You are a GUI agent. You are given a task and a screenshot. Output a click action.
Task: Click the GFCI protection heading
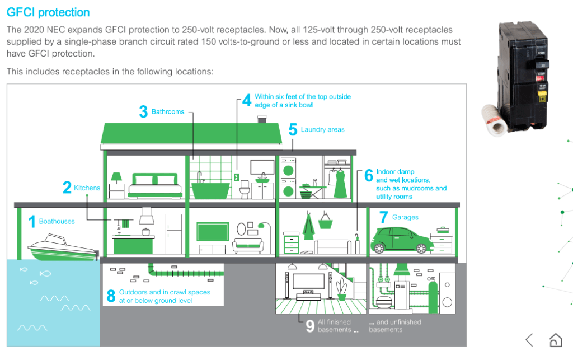click(48, 12)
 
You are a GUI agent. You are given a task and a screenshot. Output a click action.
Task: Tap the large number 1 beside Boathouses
click(31, 222)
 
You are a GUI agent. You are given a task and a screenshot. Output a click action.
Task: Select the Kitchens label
click(87, 188)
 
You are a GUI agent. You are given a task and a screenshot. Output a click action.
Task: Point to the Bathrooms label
click(168, 112)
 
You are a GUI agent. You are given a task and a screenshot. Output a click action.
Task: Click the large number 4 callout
click(247, 101)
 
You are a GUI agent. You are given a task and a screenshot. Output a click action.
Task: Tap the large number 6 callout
click(368, 175)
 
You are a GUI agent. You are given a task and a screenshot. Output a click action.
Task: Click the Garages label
click(405, 217)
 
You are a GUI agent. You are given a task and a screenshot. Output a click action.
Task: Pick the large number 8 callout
click(111, 296)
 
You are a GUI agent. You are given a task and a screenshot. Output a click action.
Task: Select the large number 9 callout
click(309, 326)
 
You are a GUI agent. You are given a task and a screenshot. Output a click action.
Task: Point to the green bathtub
click(210, 189)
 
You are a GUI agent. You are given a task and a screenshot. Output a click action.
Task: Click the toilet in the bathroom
click(244, 190)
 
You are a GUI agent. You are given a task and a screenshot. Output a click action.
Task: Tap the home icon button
click(555, 339)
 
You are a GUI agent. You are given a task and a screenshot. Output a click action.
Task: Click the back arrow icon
click(529, 339)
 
